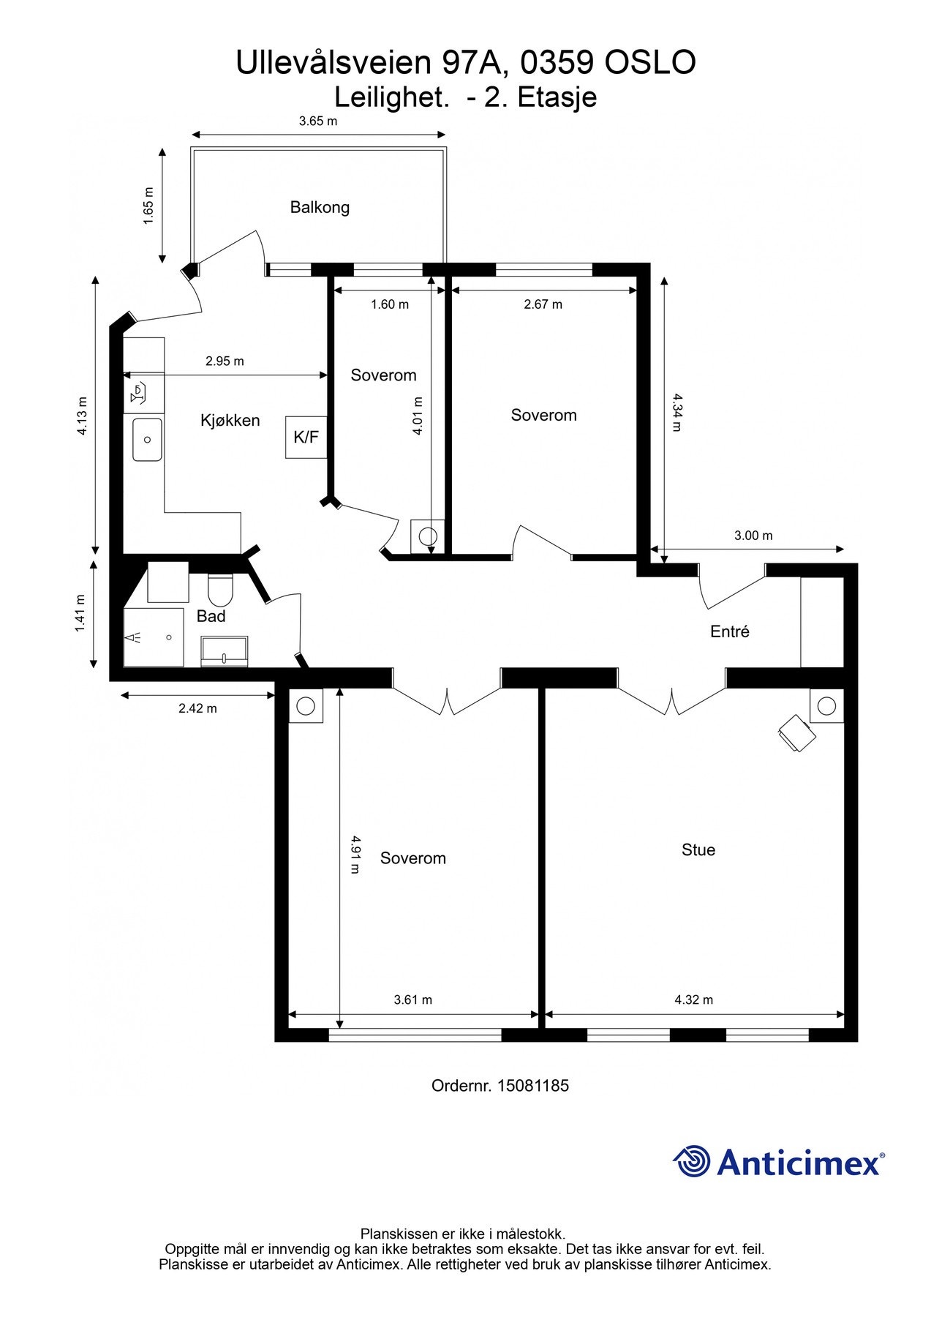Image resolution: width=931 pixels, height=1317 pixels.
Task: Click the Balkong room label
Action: tap(320, 207)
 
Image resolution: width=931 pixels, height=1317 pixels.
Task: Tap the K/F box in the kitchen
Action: tap(306, 437)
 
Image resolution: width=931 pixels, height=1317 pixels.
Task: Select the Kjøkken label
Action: tap(230, 420)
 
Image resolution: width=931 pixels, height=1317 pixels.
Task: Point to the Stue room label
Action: tap(698, 849)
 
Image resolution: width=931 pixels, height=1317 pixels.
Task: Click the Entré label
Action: tap(730, 631)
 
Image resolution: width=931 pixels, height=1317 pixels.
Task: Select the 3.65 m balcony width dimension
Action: tap(318, 121)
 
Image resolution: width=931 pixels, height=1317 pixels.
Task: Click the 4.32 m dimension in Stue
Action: tap(693, 999)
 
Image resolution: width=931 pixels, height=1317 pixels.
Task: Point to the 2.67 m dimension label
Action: tap(543, 304)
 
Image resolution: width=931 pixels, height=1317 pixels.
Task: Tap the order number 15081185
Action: tap(533, 1086)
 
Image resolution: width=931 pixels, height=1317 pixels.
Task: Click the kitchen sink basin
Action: tap(147, 439)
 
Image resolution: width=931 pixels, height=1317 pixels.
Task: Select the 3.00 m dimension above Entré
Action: tap(753, 536)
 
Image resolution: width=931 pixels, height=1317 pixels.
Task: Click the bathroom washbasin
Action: tap(225, 650)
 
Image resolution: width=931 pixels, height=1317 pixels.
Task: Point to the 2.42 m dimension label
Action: tap(197, 708)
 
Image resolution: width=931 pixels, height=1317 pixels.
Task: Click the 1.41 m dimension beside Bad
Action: tap(80, 613)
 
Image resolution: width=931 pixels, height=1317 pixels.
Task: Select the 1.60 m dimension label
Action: tap(389, 304)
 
